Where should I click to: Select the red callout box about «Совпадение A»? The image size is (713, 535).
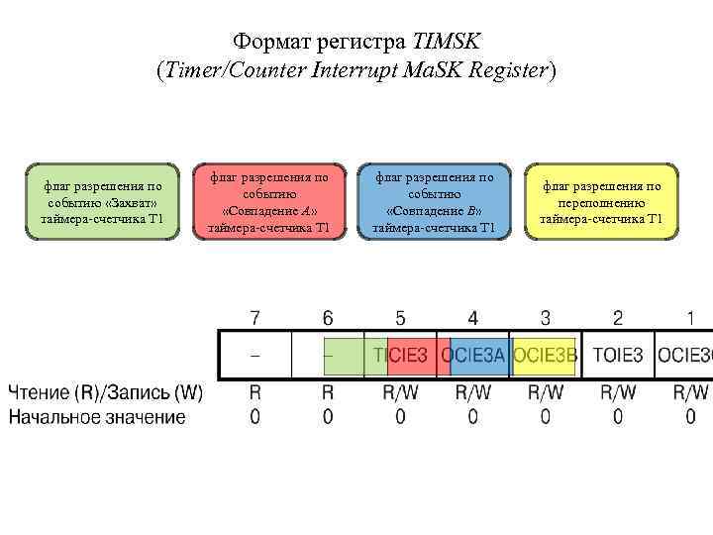(268, 202)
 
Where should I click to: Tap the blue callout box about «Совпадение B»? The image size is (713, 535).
(434, 202)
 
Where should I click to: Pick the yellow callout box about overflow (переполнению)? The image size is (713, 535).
(601, 202)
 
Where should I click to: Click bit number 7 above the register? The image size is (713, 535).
(255, 318)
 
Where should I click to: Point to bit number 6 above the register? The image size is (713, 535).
(328, 318)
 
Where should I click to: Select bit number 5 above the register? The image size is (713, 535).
(400, 318)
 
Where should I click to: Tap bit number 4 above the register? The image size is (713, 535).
(472, 318)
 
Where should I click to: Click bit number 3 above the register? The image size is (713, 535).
(546, 318)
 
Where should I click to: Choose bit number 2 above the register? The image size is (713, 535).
(618, 318)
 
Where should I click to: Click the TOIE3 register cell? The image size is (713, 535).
(618, 355)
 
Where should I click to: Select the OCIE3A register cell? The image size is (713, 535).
(472, 355)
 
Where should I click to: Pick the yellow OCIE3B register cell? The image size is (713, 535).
(546, 355)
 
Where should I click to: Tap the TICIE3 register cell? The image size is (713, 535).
(400, 355)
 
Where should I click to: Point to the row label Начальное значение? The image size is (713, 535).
(97, 417)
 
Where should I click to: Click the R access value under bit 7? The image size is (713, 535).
(255, 393)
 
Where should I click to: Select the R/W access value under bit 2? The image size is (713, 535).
(618, 393)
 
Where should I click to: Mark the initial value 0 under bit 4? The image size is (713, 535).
(472, 417)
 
